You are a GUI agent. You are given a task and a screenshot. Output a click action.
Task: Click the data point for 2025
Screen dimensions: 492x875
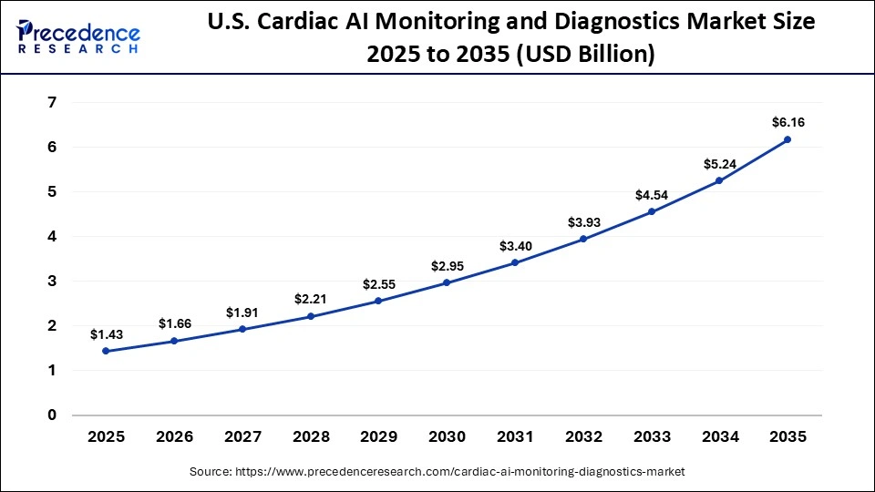(106, 351)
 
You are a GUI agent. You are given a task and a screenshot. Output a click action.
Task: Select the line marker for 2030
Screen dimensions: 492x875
(447, 282)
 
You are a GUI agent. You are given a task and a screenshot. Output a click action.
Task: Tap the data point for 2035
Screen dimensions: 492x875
(787, 139)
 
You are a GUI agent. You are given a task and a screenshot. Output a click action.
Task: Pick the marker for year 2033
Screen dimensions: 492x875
(651, 211)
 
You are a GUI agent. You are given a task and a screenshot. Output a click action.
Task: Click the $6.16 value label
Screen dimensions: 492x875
(787, 121)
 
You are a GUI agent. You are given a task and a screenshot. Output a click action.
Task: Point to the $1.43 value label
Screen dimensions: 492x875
(106, 334)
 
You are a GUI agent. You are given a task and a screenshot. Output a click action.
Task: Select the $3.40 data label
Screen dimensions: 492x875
(515, 245)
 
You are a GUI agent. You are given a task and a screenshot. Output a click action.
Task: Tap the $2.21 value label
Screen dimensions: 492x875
(310, 299)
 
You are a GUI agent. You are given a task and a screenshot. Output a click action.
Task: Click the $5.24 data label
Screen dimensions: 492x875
(719, 164)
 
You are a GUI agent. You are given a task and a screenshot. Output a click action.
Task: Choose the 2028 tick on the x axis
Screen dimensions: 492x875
(310, 437)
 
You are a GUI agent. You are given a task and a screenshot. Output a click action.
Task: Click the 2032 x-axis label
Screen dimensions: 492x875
(582, 437)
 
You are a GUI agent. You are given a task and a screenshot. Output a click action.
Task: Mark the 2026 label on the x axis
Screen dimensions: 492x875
(174, 437)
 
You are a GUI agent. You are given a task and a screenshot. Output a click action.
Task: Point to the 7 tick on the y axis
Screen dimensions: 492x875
(51, 103)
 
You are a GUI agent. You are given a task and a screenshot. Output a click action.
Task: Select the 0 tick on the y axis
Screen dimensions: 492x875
(51, 415)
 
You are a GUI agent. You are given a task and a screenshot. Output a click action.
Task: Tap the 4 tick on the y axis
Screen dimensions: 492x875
(51, 237)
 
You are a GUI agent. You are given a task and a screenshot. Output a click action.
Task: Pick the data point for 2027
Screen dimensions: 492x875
(242, 329)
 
